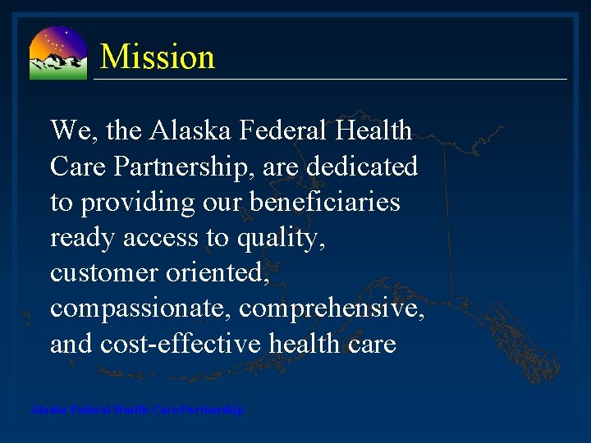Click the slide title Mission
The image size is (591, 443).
pyautogui.click(x=157, y=57)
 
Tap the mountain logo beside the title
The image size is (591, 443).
pyautogui.click(x=57, y=53)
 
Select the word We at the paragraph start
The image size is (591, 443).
pyautogui.click(x=69, y=130)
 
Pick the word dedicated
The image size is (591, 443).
pyautogui.click(x=362, y=167)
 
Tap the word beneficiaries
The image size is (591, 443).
pyautogui.click(x=331, y=203)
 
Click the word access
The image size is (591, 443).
pyautogui.click(x=164, y=239)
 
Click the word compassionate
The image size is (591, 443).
pyautogui.click(x=139, y=309)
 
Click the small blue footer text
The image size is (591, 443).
pyautogui.click(x=136, y=409)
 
